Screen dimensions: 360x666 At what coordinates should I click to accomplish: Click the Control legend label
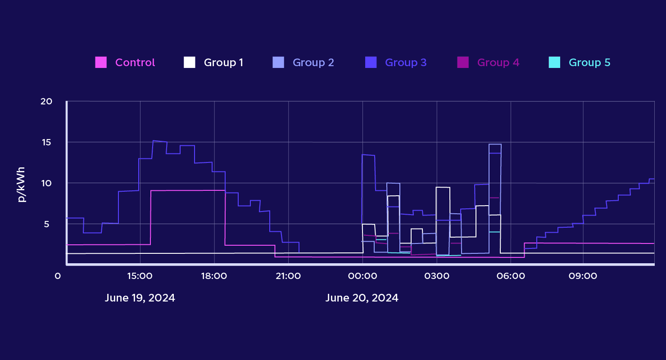(135, 63)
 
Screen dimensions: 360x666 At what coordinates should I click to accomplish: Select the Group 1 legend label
(223, 63)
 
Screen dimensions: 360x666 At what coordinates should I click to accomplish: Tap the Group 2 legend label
(313, 63)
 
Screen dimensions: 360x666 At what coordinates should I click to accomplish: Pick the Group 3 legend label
(405, 63)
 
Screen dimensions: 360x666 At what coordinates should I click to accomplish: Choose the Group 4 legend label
(498, 63)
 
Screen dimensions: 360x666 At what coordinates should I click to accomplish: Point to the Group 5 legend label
(589, 63)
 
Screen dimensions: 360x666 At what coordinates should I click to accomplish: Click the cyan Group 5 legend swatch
(554, 63)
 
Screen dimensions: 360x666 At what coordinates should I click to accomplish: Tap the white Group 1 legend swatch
(190, 63)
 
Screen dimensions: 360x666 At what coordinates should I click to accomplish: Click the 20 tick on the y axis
(46, 101)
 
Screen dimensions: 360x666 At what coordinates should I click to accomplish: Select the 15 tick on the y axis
(47, 142)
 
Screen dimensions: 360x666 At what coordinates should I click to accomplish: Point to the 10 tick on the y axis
(47, 183)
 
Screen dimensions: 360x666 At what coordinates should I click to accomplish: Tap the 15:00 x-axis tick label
(140, 275)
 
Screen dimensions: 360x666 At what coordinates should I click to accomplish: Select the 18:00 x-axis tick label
(214, 275)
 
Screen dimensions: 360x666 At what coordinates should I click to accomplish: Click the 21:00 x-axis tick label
(288, 275)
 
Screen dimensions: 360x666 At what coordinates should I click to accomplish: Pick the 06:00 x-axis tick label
(510, 275)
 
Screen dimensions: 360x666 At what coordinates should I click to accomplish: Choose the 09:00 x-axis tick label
(583, 275)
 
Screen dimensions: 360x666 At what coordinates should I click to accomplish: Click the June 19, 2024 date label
(140, 298)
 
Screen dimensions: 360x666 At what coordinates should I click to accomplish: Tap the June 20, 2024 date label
(362, 298)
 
